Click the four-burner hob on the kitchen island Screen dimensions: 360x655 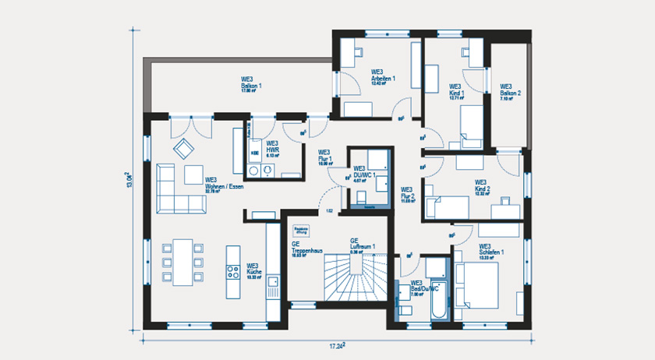coord(233,272)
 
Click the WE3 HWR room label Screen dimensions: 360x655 coord(272,148)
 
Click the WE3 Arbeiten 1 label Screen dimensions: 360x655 coord(383,76)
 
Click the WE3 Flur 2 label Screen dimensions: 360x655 coord(407,195)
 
